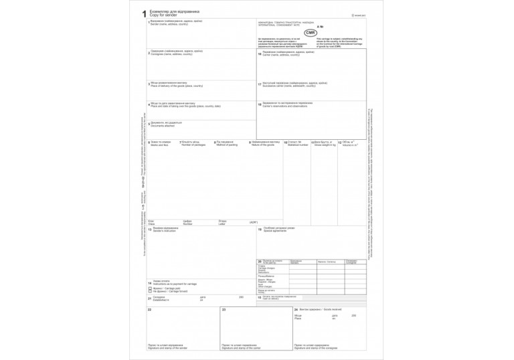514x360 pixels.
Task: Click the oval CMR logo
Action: [310, 33]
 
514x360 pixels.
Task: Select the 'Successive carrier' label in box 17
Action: [290, 86]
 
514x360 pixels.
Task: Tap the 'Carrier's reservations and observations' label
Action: [291, 106]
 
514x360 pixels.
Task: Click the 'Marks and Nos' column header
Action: [158, 145]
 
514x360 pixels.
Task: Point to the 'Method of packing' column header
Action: [228, 145]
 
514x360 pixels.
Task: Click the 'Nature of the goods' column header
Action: [264, 145]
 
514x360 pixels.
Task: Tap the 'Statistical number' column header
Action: [298, 145]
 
